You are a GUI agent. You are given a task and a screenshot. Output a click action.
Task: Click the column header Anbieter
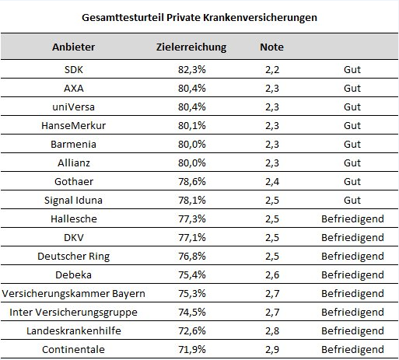click(74, 47)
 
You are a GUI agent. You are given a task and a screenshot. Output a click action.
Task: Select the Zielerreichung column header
click(191, 47)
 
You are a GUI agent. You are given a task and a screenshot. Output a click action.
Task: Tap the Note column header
click(271, 47)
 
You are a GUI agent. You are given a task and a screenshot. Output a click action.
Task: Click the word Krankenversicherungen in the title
click(260, 18)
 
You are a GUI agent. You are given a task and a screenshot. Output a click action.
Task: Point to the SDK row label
click(74, 70)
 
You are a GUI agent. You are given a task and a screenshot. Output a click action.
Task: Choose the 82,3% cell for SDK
click(192, 70)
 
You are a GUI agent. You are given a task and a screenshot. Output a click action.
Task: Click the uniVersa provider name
click(74, 107)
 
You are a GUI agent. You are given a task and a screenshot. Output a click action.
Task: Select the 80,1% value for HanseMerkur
click(192, 126)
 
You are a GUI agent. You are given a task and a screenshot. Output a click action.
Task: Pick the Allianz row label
click(74, 163)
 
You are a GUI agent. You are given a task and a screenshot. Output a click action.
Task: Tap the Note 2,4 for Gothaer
click(272, 182)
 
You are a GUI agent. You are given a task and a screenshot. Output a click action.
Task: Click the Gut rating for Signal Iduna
click(352, 201)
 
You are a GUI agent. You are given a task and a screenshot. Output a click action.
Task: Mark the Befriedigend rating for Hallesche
click(352, 219)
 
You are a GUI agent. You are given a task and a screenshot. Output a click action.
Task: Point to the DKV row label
click(74, 238)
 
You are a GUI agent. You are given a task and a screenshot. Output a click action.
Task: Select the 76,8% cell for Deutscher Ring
click(192, 257)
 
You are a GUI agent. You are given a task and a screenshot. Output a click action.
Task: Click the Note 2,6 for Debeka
click(272, 275)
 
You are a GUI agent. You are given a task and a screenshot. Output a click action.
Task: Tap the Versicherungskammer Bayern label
click(74, 294)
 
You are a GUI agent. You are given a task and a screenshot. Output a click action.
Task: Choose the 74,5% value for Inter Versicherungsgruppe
click(192, 313)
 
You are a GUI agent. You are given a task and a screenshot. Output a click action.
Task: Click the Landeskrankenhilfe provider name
click(74, 331)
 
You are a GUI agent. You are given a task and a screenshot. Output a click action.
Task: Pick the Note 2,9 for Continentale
click(272, 350)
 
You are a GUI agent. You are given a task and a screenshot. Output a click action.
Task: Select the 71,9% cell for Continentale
click(192, 350)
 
